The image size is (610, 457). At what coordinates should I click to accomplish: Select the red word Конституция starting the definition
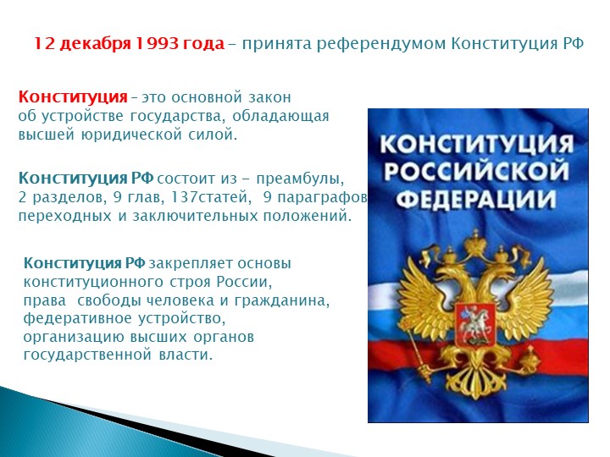(x=73, y=97)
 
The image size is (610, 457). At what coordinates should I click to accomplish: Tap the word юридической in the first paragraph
(x=131, y=135)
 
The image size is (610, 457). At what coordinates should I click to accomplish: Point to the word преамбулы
(x=300, y=179)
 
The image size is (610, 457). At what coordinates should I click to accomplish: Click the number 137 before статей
(x=185, y=197)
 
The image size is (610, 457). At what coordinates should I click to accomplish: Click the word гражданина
(x=281, y=300)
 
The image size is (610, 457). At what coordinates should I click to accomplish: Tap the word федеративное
(x=77, y=319)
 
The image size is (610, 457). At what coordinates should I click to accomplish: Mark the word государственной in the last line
(x=87, y=355)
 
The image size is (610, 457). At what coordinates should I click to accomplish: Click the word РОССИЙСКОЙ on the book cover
(x=476, y=171)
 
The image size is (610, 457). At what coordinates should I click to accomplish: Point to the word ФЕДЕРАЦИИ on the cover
(x=476, y=199)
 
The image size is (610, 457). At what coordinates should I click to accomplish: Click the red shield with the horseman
(x=475, y=326)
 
